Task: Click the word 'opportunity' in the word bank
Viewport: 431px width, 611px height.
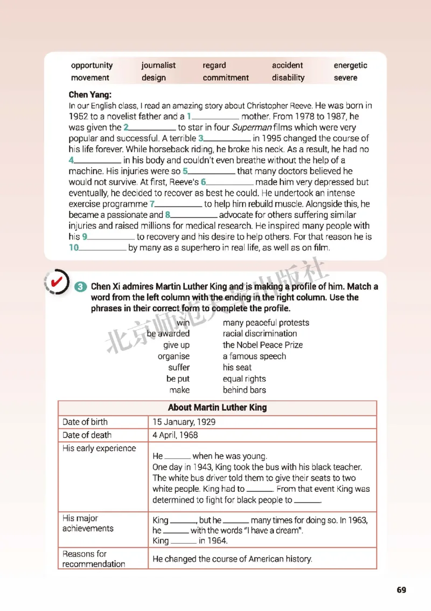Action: click(92, 65)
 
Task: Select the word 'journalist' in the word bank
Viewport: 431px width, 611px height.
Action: click(158, 65)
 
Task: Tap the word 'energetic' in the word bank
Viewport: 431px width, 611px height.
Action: click(350, 65)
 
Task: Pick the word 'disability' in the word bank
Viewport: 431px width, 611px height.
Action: click(288, 78)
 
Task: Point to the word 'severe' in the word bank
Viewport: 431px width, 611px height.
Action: click(345, 78)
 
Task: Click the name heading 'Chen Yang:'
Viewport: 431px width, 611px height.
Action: click(90, 94)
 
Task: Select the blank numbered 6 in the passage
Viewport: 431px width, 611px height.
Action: click(230, 183)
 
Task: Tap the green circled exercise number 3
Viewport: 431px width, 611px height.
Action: click(80, 287)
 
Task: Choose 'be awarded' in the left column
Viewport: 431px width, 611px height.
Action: click(168, 334)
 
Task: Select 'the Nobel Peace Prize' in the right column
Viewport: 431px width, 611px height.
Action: click(262, 345)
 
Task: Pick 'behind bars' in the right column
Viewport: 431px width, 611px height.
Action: click(244, 390)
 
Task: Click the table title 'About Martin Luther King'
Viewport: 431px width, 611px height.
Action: click(217, 408)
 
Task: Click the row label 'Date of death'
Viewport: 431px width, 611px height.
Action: click(87, 435)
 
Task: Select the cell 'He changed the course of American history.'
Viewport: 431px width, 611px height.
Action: click(232, 559)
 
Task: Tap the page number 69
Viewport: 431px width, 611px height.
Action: click(401, 590)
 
